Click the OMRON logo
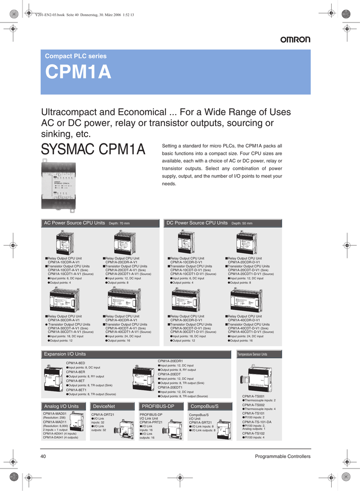(295, 40)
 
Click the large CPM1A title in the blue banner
(78, 73)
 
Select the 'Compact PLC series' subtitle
(76, 56)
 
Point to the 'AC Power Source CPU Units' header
(74, 223)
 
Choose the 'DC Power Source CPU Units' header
(197, 223)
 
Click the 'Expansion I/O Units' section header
(65, 354)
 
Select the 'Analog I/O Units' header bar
(61, 406)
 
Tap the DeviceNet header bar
(104, 406)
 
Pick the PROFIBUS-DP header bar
(158, 406)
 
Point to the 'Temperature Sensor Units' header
(252, 354)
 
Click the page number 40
(43, 456)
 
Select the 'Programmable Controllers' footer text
(282, 456)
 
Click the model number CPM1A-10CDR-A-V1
(64, 262)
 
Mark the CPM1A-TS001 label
(253, 396)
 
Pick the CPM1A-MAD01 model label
(55, 413)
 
